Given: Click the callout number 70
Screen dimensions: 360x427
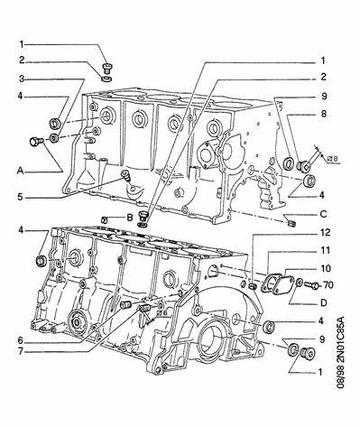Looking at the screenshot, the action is [x=328, y=284].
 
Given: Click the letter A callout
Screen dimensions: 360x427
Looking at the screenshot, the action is [x=20, y=171].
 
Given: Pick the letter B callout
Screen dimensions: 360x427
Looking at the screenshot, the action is [x=130, y=218].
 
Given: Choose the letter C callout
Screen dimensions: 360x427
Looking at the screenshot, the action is [x=323, y=214].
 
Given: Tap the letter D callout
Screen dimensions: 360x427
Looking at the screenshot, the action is [x=324, y=302].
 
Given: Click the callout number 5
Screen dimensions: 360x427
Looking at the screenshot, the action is [x=20, y=198].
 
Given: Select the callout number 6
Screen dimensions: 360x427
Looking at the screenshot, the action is [x=20, y=340].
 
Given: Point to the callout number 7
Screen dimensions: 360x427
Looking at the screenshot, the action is [x=20, y=351].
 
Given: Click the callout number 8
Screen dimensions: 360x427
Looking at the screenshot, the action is [x=323, y=114].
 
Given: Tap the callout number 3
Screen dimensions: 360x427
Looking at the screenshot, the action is [x=22, y=79].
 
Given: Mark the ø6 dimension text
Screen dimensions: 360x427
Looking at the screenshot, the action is [x=162, y=313].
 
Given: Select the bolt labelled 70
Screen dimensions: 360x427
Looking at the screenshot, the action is [x=311, y=284].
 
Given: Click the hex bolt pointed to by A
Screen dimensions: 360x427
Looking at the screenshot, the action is [x=35, y=141].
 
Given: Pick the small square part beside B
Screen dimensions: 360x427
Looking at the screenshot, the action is [x=104, y=219].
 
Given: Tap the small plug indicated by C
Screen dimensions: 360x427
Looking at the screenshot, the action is [x=291, y=223].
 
